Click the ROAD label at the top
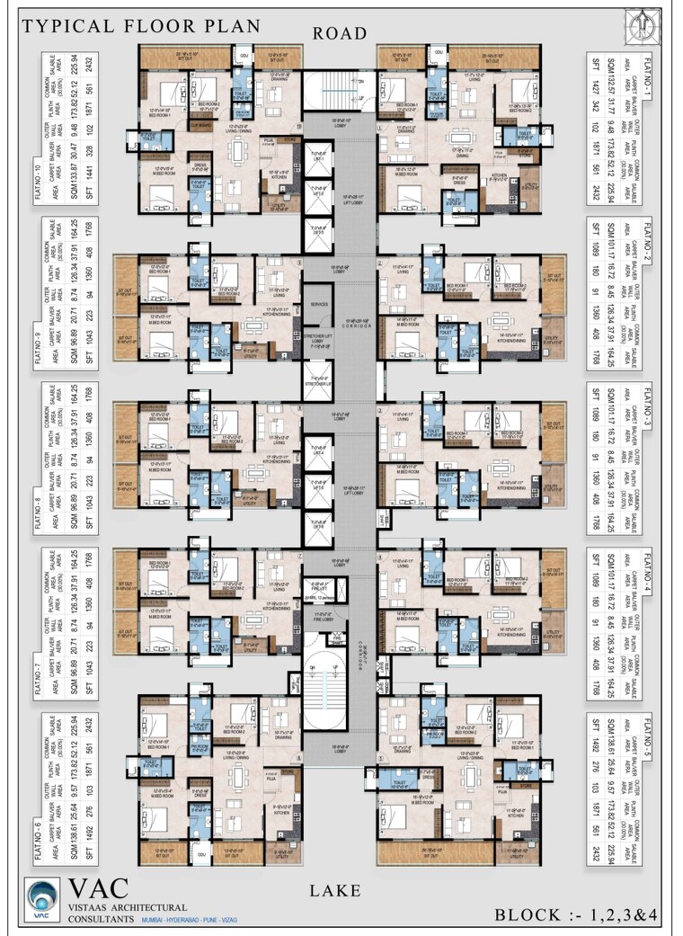[x=340, y=33]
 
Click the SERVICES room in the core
[x=317, y=304]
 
